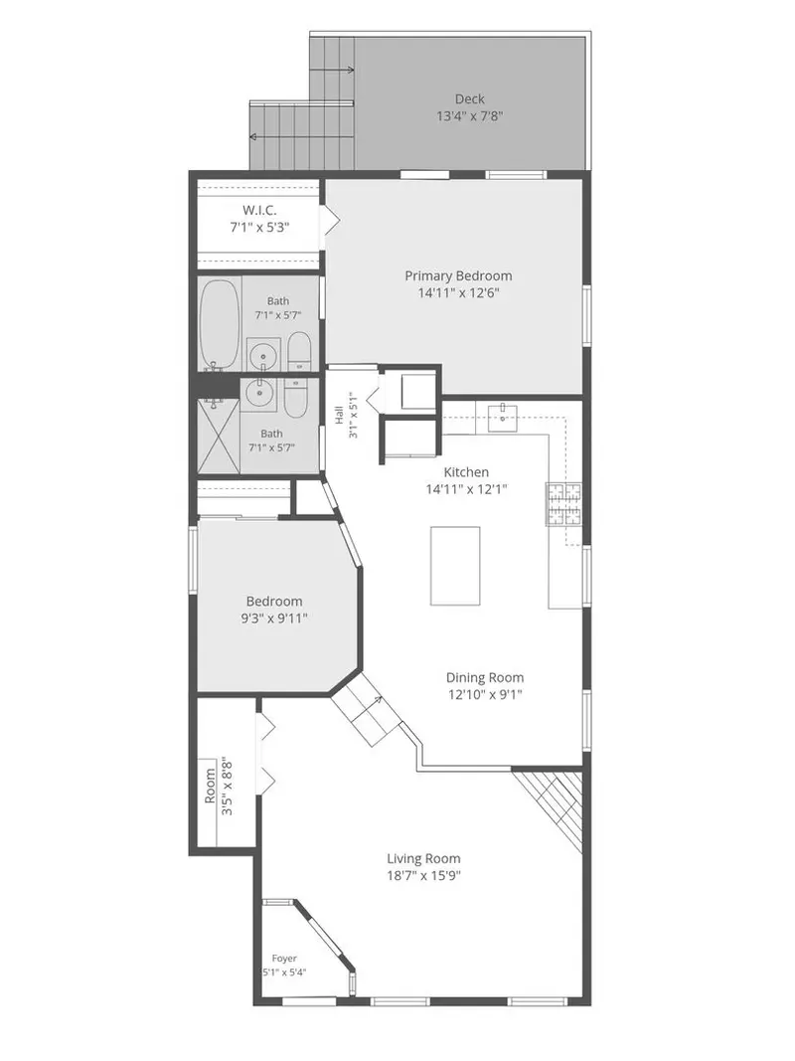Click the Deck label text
pyautogui.click(x=469, y=99)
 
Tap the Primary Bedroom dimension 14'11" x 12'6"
pyautogui.click(x=458, y=293)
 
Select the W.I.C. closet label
pyautogui.click(x=259, y=211)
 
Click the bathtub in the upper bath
pyautogui.click(x=219, y=323)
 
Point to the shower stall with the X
pyautogui.click(x=219, y=436)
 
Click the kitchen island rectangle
pyautogui.click(x=455, y=566)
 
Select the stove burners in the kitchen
pyautogui.click(x=563, y=503)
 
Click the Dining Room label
pyautogui.click(x=485, y=677)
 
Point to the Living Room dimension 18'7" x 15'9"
pyautogui.click(x=424, y=876)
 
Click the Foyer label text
pyautogui.click(x=284, y=959)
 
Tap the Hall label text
pyautogui.click(x=339, y=415)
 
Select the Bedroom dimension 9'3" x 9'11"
pyautogui.click(x=274, y=618)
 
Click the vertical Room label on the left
pyautogui.click(x=210, y=785)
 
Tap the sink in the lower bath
pyautogui.click(x=258, y=392)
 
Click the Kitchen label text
pyautogui.click(x=466, y=472)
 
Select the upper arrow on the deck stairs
pyautogui.click(x=332, y=69)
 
